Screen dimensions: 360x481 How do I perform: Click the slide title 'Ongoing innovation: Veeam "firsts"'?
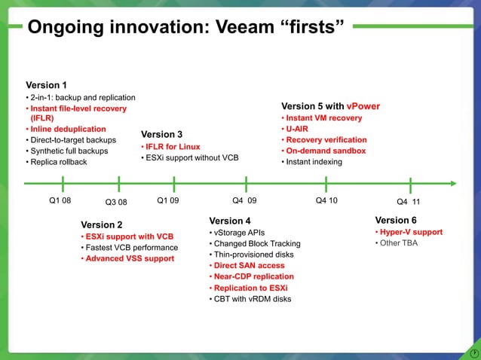[x=185, y=28]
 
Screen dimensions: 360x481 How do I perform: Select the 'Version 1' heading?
[x=47, y=85]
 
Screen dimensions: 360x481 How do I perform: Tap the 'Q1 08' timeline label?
[x=60, y=201]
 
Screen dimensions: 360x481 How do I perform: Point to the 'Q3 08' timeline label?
[x=116, y=202]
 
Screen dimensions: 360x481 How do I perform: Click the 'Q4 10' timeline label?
[x=326, y=201]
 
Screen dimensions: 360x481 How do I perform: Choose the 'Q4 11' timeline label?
[x=408, y=202]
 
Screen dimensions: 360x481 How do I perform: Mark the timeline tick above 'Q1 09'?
[x=174, y=183]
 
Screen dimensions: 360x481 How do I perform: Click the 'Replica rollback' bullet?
[x=59, y=162]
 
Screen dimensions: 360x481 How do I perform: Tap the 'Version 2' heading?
[x=102, y=224]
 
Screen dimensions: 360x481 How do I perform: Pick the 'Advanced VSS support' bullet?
[x=129, y=258]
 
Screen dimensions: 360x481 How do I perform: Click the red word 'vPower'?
[x=363, y=106]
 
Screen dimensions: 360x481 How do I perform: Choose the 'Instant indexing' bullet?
[x=314, y=162]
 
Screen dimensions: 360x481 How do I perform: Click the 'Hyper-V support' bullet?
[x=411, y=232]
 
